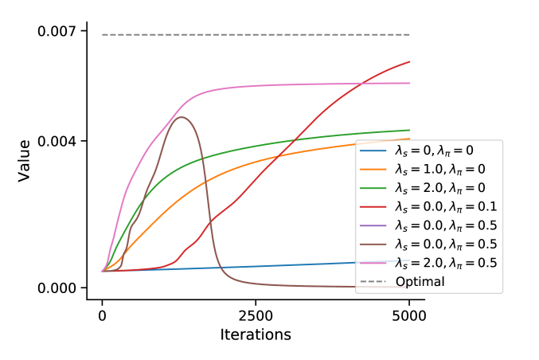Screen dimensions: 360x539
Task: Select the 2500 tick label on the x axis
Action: point(256,315)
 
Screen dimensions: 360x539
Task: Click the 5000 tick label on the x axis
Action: point(409,315)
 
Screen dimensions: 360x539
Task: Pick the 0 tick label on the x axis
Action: point(102,315)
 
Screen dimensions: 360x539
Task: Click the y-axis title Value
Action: point(25,160)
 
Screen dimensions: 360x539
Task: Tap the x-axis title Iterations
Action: point(256,335)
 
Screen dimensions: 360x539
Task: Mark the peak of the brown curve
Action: point(182,117)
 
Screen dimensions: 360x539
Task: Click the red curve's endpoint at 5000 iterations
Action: point(409,61)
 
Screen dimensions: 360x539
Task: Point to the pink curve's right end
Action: point(409,83)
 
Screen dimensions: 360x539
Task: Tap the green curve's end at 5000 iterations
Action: point(409,130)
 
